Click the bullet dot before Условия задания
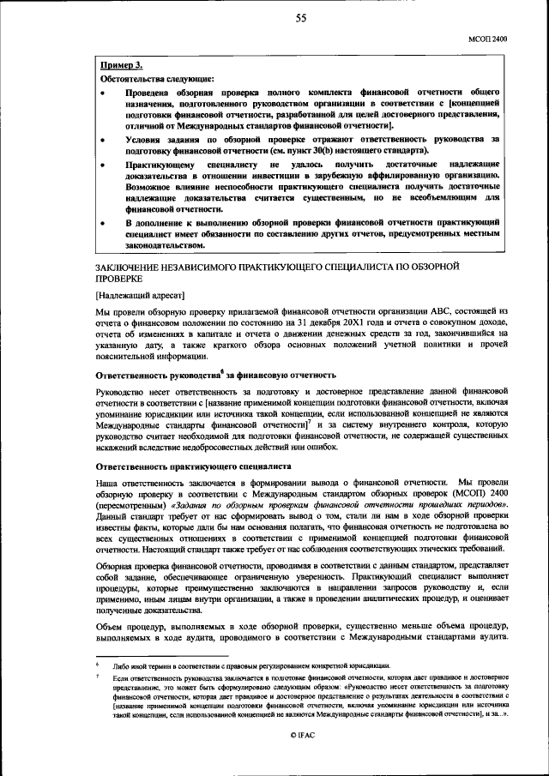[x=104, y=138]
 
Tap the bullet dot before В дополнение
[x=104, y=222]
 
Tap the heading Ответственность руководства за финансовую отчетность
[x=214, y=376]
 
